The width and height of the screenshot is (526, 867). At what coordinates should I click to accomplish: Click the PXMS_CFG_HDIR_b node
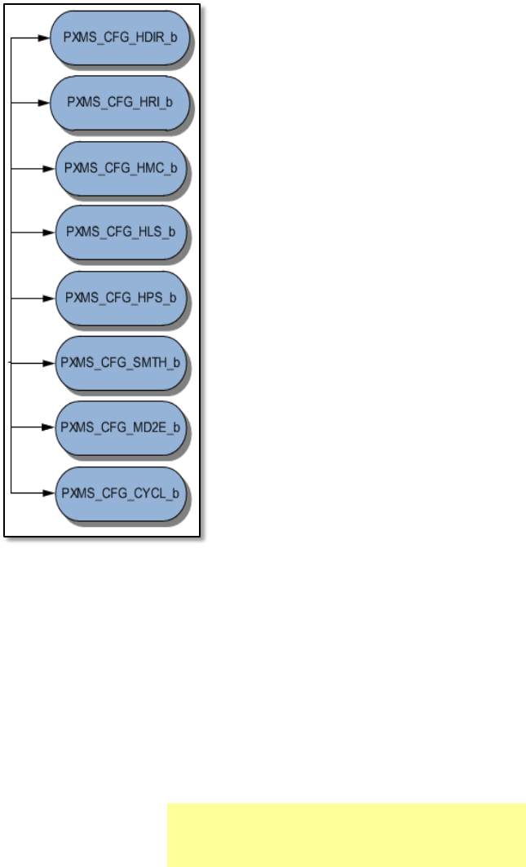119,38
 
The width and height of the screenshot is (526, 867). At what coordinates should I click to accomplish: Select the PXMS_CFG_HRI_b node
119,104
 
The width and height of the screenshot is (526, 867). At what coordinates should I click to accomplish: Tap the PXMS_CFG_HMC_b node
121,168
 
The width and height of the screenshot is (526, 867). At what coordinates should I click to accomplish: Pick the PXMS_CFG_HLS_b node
121,232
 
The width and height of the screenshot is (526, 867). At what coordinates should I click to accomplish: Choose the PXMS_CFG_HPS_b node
121,298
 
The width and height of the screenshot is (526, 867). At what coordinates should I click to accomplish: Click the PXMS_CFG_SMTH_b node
121,362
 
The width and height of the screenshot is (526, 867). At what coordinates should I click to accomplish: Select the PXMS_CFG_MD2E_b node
121,427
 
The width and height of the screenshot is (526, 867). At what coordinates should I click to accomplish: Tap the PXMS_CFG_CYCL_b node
121,493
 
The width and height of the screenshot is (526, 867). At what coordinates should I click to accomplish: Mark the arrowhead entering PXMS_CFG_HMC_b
50,168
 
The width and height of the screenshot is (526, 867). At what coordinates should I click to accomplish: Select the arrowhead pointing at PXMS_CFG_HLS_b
50,232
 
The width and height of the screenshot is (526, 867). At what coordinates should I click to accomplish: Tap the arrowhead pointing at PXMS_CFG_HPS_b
50,298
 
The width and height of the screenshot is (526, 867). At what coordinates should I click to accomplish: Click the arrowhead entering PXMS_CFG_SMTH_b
50,362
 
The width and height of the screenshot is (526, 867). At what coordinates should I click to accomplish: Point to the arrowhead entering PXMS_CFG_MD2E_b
50,427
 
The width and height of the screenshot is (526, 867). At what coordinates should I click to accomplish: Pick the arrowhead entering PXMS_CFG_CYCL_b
50,493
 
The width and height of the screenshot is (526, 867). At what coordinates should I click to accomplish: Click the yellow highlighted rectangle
346,834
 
